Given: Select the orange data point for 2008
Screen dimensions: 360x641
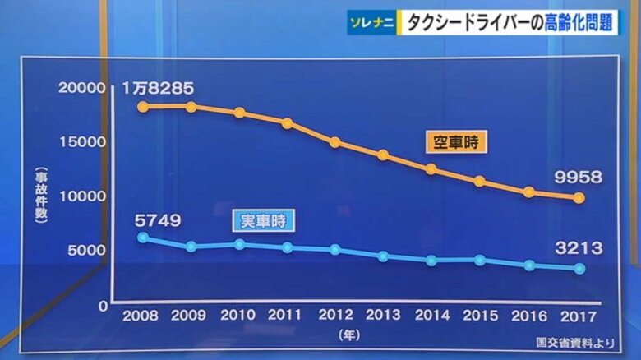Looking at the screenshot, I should (x=142, y=107).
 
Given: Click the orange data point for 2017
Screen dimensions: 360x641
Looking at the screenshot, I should (x=579, y=198).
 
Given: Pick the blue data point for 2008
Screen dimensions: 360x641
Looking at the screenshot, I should (x=142, y=238).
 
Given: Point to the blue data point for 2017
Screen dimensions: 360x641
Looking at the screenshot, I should (x=579, y=269).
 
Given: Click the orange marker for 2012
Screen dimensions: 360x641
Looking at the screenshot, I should (x=335, y=142).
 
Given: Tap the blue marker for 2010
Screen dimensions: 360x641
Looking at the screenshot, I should (x=239, y=244).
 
